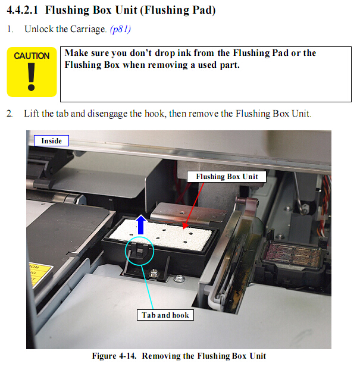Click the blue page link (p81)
(120, 29)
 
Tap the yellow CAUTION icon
(32, 72)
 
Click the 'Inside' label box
(51, 140)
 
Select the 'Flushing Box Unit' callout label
(227, 177)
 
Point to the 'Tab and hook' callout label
(165, 315)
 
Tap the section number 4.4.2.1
(23, 10)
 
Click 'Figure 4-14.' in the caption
(114, 356)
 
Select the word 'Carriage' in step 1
(88, 29)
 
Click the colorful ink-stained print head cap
(292, 255)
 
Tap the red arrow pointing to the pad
(194, 206)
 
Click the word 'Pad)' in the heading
(204, 10)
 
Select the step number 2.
(10, 114)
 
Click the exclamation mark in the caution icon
(32, 77)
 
